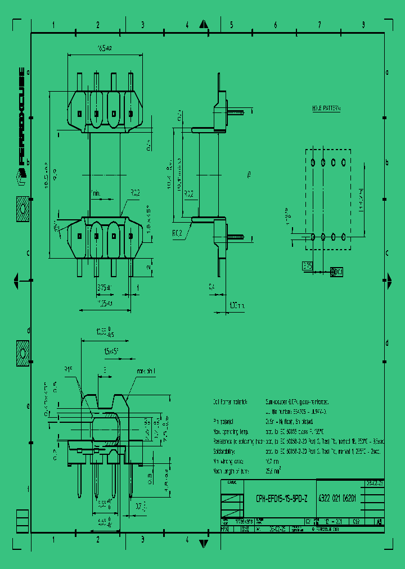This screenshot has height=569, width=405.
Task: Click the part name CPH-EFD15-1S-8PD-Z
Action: [x=281, y=498]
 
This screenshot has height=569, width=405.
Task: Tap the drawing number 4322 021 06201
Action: [x=337, y=498]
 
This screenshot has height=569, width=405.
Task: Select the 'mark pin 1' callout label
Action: [x=146, y=372]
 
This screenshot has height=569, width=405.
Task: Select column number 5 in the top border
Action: [x=231, y=25]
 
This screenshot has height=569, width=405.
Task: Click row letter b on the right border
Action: [x=387, y=162]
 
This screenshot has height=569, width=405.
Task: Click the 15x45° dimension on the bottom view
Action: [x=109, y=351]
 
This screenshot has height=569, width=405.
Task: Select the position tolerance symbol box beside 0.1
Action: [x=332, y=272]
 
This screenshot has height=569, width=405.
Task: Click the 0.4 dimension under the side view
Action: [x=211, y=286]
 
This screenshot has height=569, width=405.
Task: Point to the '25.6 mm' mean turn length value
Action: [x=273, y=470]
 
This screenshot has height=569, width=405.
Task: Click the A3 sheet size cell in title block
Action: [x=380, y=522]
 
